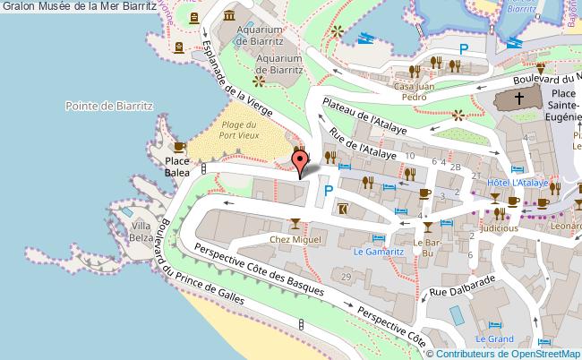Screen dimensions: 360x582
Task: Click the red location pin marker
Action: click(300, 161)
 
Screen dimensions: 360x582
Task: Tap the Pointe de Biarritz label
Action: click(110, 106)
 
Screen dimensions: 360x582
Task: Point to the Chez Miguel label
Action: click(295, 239)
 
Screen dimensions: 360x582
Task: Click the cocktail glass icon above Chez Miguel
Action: click(295, 223)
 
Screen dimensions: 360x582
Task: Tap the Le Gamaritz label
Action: click(378, 252)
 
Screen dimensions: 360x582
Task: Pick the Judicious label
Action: click(499, 227)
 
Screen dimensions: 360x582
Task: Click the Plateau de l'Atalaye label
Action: click(364, 115)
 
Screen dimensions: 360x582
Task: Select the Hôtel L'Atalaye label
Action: click(518, 184)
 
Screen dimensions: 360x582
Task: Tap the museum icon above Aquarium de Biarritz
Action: click(229, 15)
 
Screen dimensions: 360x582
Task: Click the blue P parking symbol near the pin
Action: click(329, 190)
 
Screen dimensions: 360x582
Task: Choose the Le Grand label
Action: click(493, 339)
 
